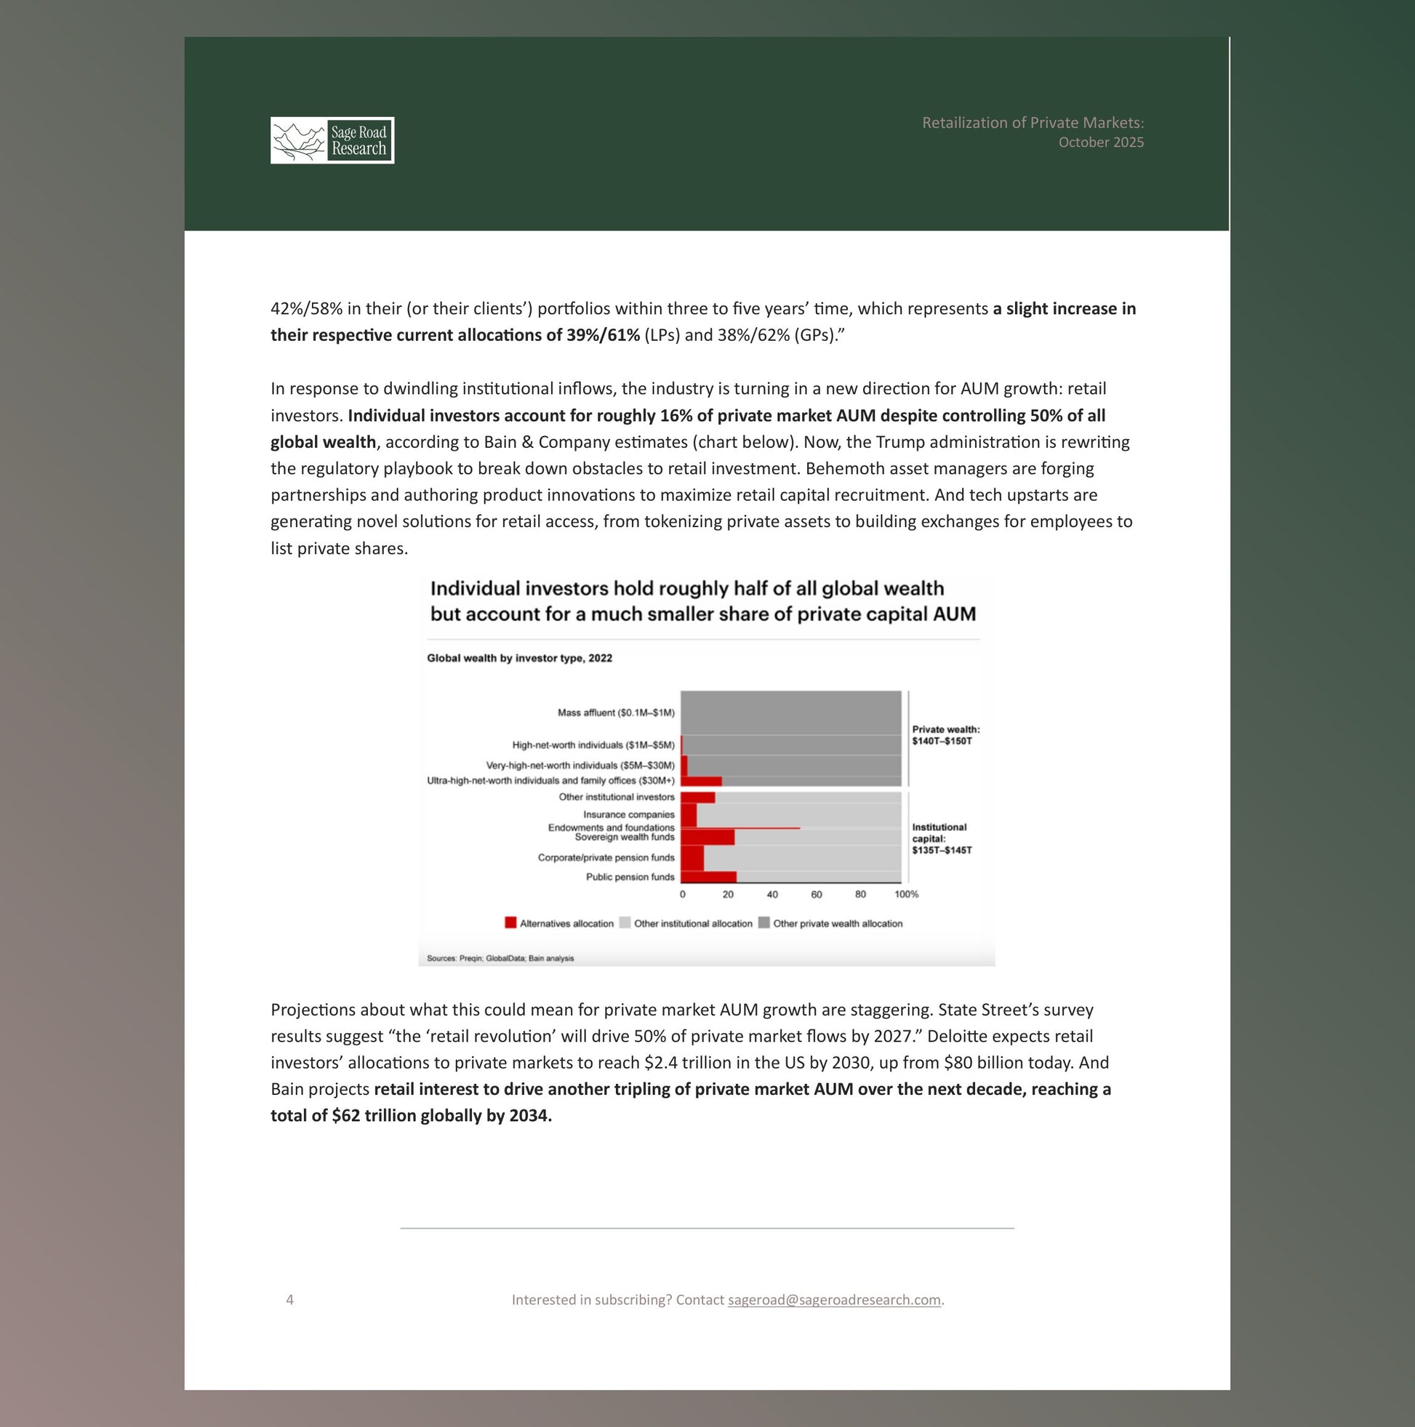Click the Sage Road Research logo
(x=332, y=140)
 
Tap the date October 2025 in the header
(x=1100, y=142)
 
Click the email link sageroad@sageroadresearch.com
(x=833, y=1299)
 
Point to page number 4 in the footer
(x=289, y=1299)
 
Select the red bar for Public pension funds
(x=708, y=877)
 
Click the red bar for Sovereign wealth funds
(x=707, y=837)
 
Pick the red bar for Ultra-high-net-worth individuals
(x=700, y=781)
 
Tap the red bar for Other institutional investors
(x=697, y=797)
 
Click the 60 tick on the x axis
(x=816, y=894)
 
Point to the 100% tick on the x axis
(x=906, y=894)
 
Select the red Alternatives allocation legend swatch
(x=510, y=922)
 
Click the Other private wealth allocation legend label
(x=837, y=923)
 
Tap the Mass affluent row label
(x=615, y=712)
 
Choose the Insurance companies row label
(x=628, y=815)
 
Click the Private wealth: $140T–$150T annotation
(x=945, y=735)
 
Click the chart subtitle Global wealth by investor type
(x=519, y=658)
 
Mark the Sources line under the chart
(x=500, y=958)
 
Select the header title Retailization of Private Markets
(x=1033, y=123)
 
